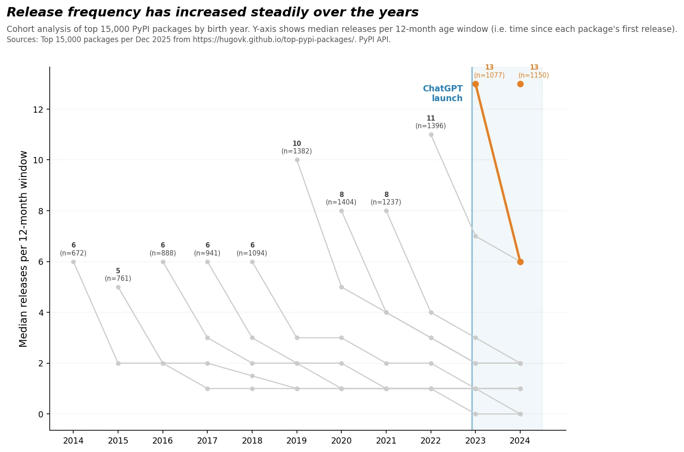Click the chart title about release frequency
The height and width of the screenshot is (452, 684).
tap(212, 12)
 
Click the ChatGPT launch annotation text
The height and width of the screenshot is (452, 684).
tap(443, 94)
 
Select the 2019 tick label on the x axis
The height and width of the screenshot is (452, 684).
tap(297, 440)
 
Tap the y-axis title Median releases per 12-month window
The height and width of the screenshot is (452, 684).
tap(24, 249)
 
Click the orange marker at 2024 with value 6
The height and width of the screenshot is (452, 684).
tap(520, 262)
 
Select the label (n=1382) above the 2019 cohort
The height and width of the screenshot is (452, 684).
tap(297, 151)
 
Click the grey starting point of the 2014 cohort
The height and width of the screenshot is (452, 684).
tap(73, 262)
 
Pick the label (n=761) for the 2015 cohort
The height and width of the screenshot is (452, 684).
tap(118, 279)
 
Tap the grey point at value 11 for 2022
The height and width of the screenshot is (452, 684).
tap(431, 134)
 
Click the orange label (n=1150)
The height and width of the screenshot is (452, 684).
tap(534, 75)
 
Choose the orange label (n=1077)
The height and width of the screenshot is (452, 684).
tap(489, 75)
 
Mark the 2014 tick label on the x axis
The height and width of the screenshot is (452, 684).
tap(73, 440)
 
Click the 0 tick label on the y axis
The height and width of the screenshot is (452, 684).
tap(41, 414)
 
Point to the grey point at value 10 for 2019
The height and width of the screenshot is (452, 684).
tap(297, 160)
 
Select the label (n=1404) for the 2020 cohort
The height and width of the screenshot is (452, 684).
tap(341, 202)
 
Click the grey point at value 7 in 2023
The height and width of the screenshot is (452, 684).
tap(475, 236)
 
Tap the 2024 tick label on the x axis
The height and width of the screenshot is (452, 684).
tap(520, 440)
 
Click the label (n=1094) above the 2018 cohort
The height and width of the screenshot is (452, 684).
tap(252, 253)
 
